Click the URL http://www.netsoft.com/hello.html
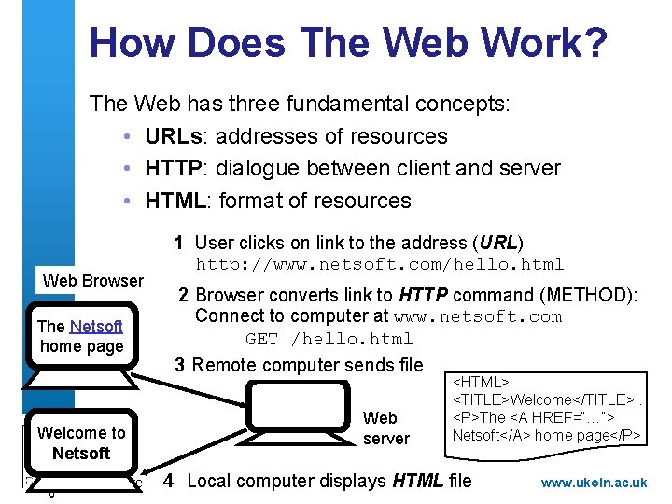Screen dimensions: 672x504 point(380,264)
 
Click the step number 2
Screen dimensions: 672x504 point(184,296)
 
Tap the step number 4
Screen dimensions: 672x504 point(168,481)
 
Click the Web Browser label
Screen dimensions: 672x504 point(93,281)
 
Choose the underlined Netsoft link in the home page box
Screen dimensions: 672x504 point(96,327)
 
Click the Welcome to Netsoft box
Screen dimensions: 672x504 point(80,442)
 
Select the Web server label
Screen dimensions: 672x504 point(385,428)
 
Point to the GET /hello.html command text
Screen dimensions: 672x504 point(329,339)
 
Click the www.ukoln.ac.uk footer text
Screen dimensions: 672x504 point(594,483)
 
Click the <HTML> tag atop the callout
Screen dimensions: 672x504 point(481,383)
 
